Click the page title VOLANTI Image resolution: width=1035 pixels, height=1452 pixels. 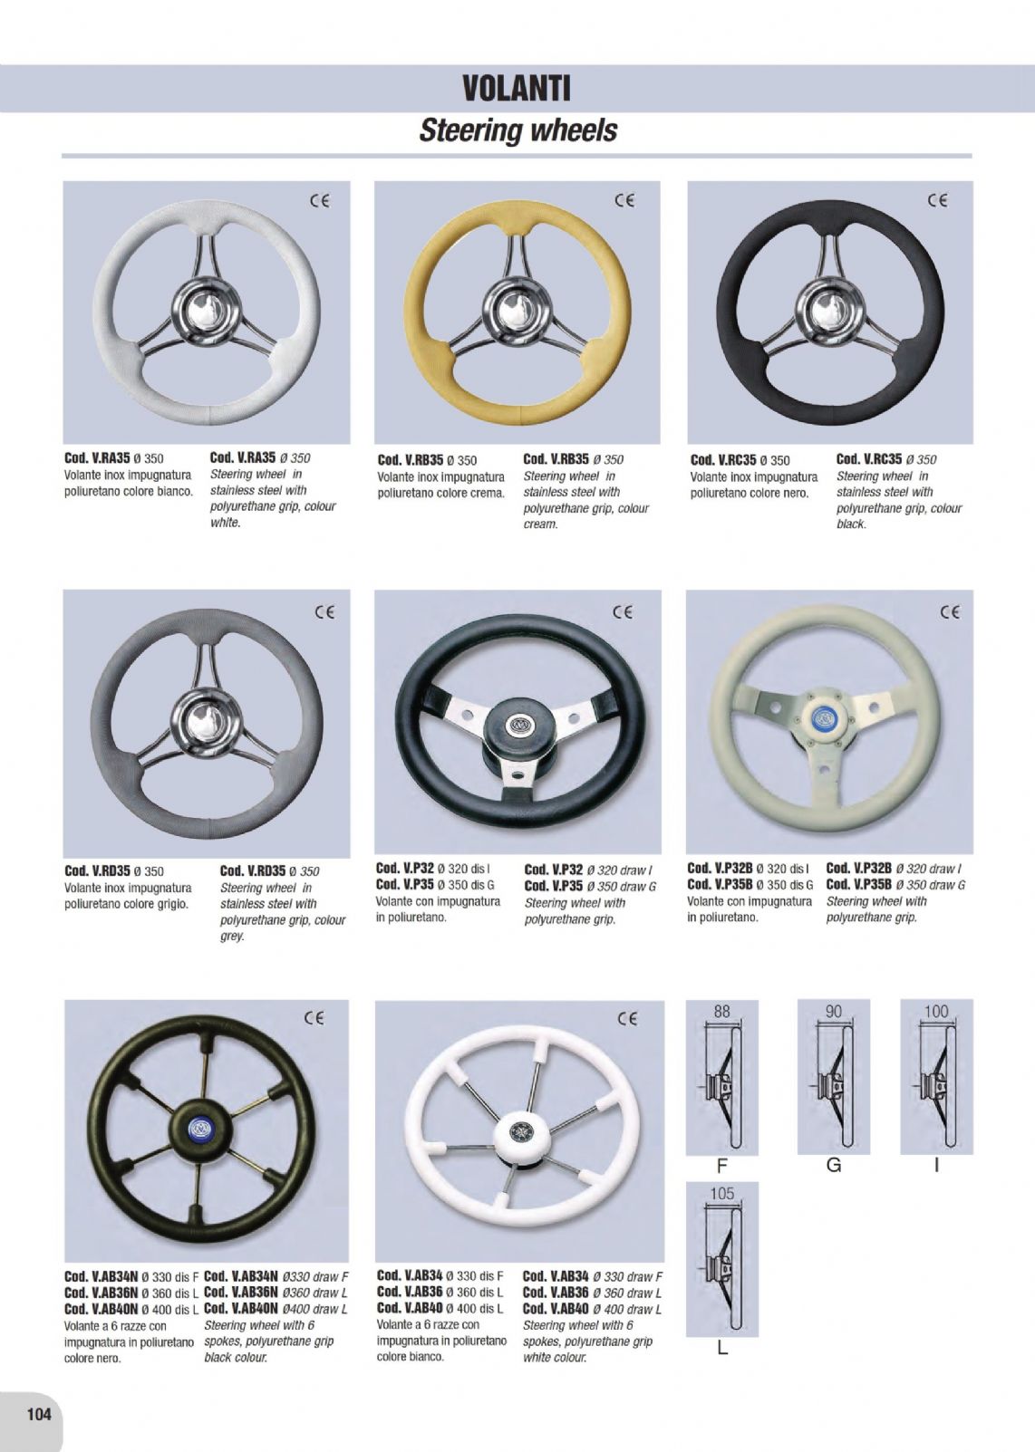(517, 89)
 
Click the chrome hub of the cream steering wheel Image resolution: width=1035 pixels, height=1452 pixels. (516, 311)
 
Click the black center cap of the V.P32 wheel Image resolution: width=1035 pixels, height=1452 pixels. (517, 724)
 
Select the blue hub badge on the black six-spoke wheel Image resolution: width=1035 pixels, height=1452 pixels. (198, 1128)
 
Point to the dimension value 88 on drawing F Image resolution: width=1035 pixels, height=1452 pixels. (721, 1011)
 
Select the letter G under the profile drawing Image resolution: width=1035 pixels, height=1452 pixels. (834, 1165)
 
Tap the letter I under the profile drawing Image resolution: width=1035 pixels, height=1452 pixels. (936, 1165)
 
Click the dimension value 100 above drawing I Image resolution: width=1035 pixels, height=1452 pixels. (936, 1011)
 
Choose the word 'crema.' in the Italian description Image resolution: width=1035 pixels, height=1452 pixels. (487, 494)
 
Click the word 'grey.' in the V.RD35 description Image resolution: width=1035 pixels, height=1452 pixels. (232, 936)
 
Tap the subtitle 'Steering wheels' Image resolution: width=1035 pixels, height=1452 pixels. (517, 130)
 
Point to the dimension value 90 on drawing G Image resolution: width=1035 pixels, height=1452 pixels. (834, 1011)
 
